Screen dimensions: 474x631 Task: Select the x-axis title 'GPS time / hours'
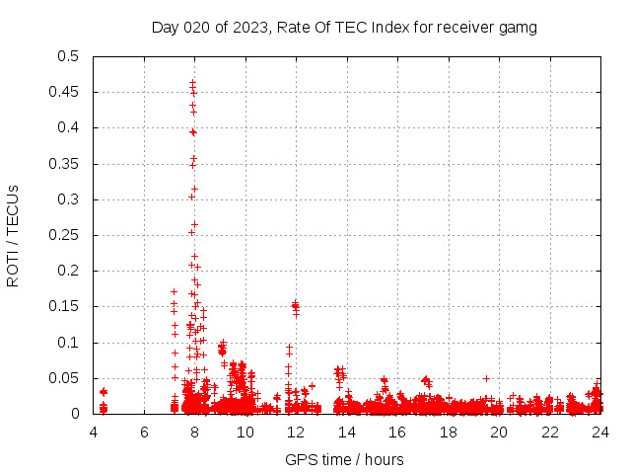coord(345,459)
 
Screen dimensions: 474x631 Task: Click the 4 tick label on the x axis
coord(94,432)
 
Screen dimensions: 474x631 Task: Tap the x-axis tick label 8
coord(195,432)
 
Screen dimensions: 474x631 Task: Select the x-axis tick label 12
coord(296,432)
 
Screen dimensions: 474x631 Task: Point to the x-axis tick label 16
coord(397,432)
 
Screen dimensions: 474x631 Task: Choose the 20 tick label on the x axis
coord(499,432)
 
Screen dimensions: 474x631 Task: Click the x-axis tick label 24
coord(599,432)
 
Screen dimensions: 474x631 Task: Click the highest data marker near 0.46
coord(192,83)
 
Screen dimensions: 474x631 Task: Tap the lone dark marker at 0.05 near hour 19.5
coord(486,378)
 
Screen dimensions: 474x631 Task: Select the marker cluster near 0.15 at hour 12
coord(295,306)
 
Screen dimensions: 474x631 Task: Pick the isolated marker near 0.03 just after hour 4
coord(104,392)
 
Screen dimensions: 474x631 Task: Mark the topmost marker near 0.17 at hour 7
coord(175,292)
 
